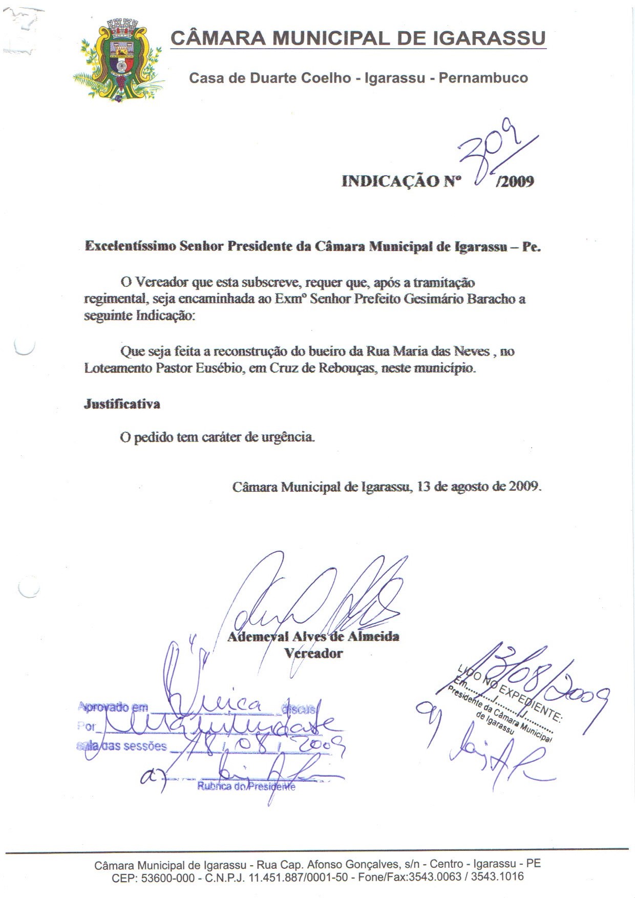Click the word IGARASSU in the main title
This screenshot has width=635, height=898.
[489, 38]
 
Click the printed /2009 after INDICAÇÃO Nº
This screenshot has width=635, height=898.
[515, 181]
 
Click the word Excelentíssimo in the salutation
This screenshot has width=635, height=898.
[130, 246]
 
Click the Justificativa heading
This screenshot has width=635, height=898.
[122, 404]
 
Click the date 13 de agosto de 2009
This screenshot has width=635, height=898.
[479, 486]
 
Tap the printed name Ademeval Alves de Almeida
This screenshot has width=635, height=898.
[313, 637]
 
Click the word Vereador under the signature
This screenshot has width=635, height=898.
[313, 653]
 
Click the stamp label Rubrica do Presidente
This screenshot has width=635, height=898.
[246, 786]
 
